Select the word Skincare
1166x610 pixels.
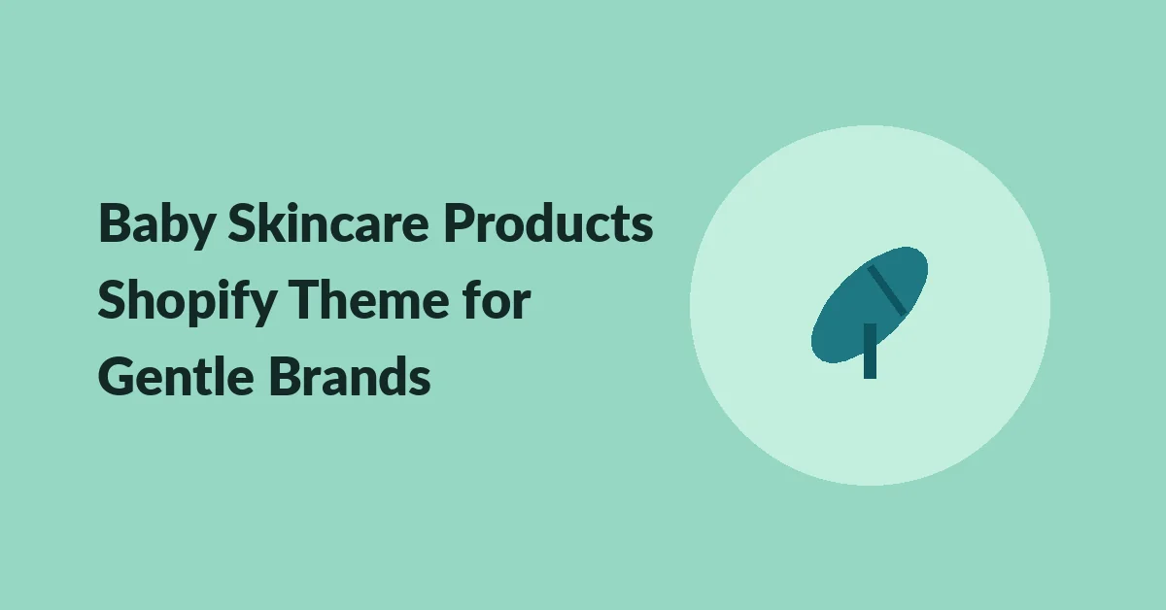328,222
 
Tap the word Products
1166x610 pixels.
548,222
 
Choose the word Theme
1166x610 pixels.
368,299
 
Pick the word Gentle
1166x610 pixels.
176,375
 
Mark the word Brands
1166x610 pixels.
350,375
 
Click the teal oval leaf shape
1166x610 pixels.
870,305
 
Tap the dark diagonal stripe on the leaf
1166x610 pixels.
887,289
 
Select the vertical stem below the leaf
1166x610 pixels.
870,351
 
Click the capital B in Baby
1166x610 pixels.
115,222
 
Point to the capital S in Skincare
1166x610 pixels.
243,222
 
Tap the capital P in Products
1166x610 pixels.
460,222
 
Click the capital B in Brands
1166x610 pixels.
286,376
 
